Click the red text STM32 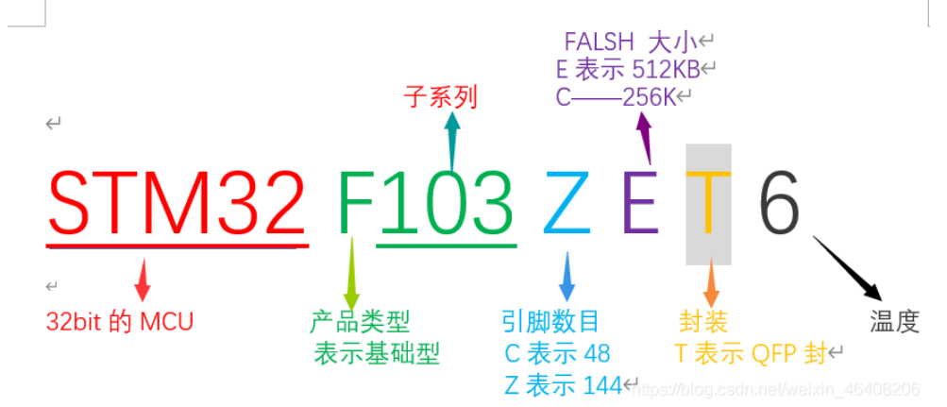[178, 204]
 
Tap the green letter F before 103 [357, 204]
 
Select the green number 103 [447, 204]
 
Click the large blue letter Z [567, 204]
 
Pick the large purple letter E [641, 204]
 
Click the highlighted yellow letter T [708, 204]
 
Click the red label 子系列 [440, 97]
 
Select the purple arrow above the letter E [646, 138]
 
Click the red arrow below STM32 [143, 279]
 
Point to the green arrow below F [351, 274]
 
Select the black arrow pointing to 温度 [847, 268]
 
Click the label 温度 [894, 323]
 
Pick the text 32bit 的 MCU [120, 322]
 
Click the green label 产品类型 [360, 322]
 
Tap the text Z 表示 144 [563, 384]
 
